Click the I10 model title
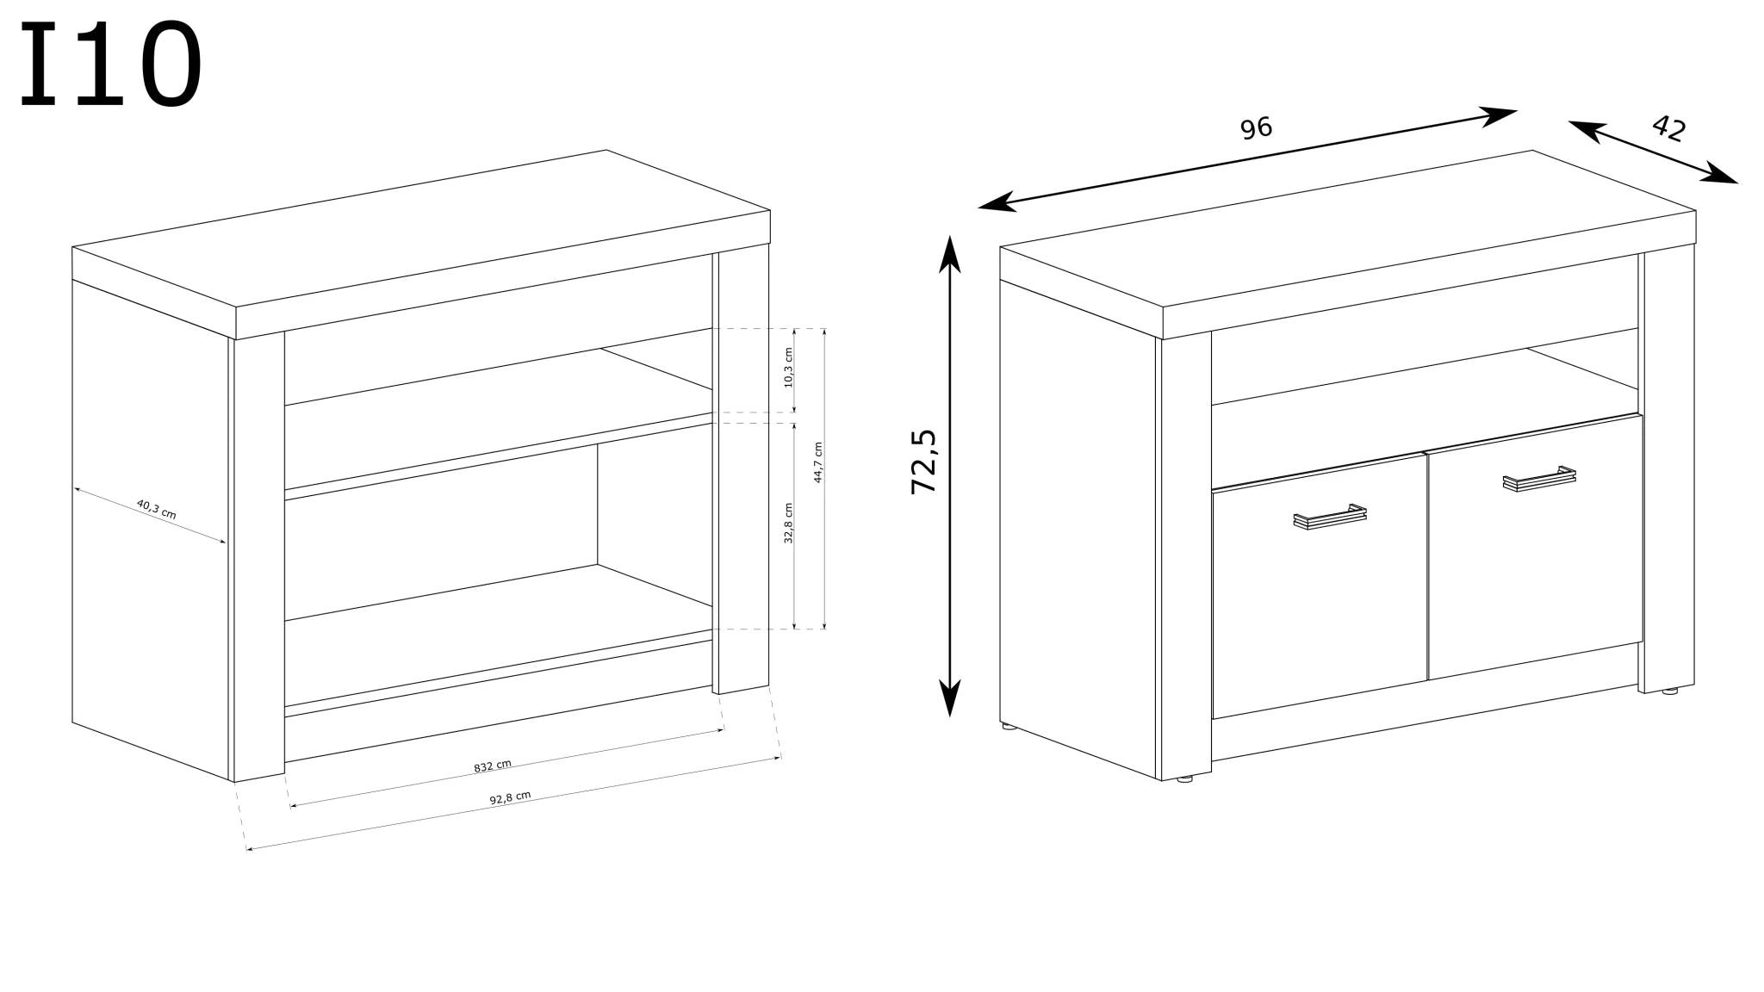click(111, 65)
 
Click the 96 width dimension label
click(1256, 127)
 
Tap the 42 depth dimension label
click(1668, 128)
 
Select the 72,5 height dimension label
click(923, 462)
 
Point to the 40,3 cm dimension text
click(156, 510)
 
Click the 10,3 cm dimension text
click(788, 368)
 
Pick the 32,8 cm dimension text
click(788, 523)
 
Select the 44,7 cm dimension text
click(818, 462)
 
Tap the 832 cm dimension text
click(493, 766)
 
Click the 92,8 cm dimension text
click(510, 797)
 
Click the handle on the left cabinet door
click(1330, 517)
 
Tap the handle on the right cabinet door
click(1539, 479)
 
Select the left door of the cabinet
click(1320, 586)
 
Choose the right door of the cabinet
click(1535, 547)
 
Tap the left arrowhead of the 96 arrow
click(997, 203)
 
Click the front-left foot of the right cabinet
click(1185, 778)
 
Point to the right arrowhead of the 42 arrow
click(1720, 174)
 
